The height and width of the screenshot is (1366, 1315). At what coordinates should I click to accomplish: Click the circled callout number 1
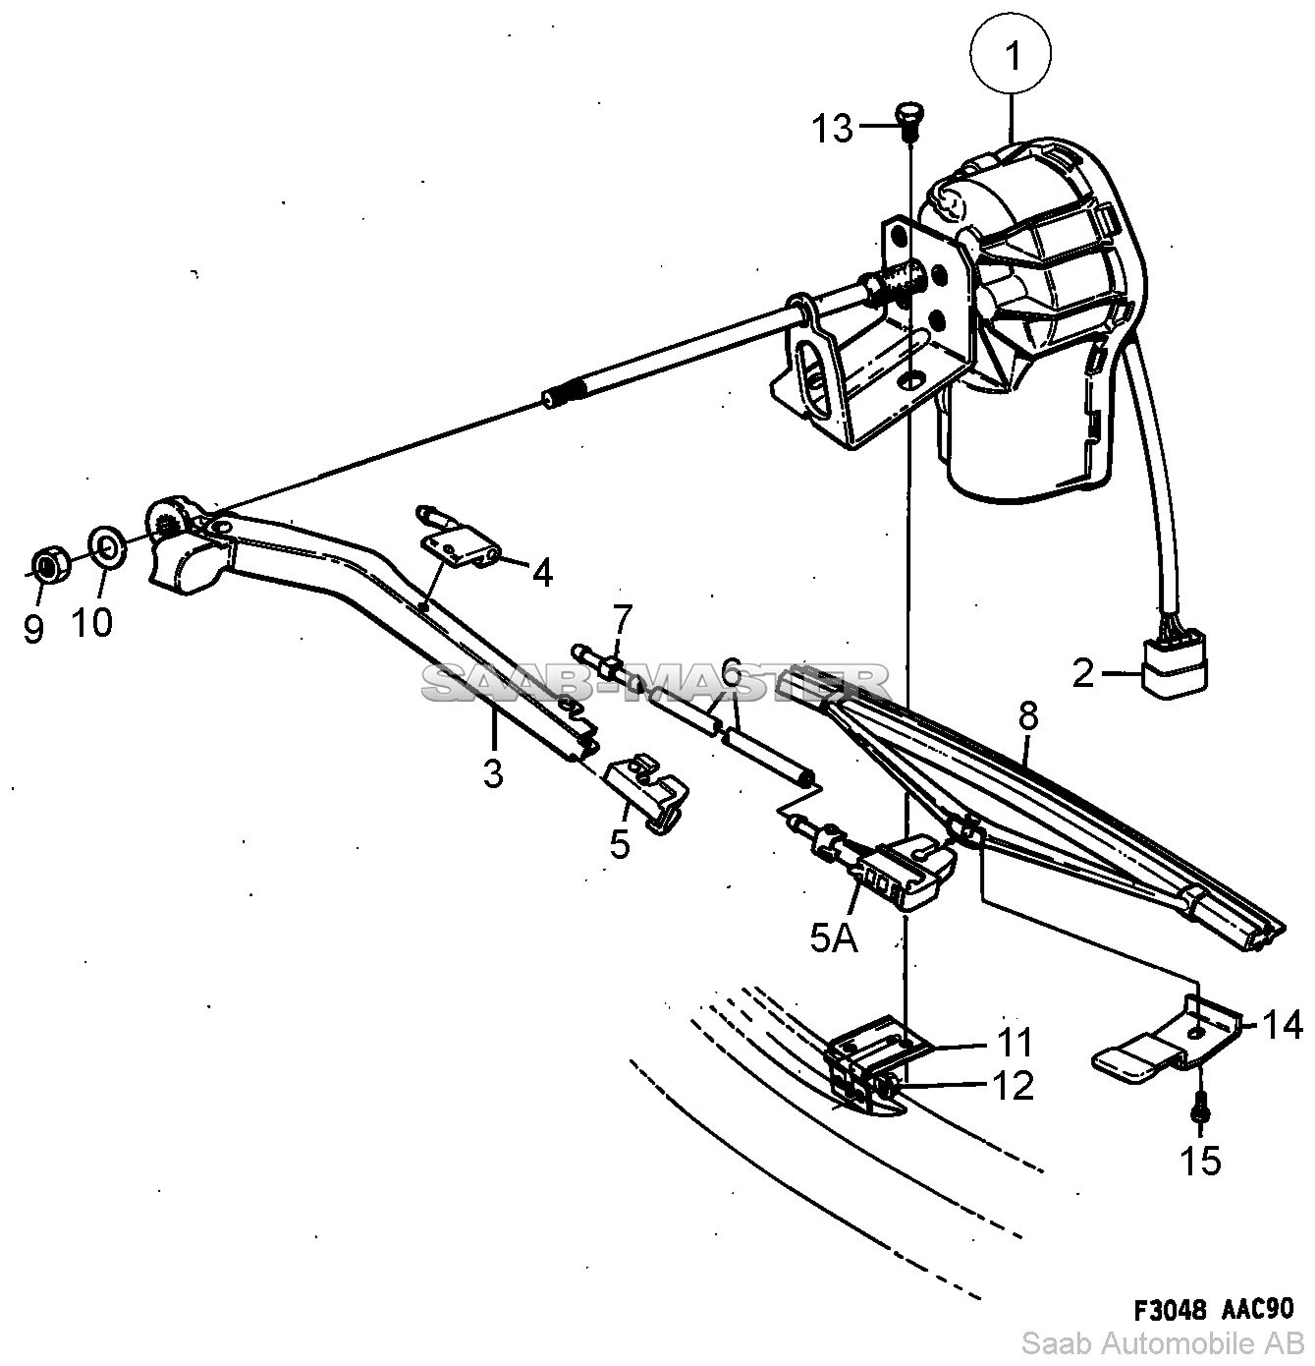pos(1011,53)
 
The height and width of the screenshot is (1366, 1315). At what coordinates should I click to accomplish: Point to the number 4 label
pos(542,573)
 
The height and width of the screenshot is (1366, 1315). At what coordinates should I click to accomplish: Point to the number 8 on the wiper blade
pos(1027,716)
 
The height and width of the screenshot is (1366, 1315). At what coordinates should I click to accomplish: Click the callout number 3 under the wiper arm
pos(493,772)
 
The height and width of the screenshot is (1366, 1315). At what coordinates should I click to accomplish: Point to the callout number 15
pos(1201,1160)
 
